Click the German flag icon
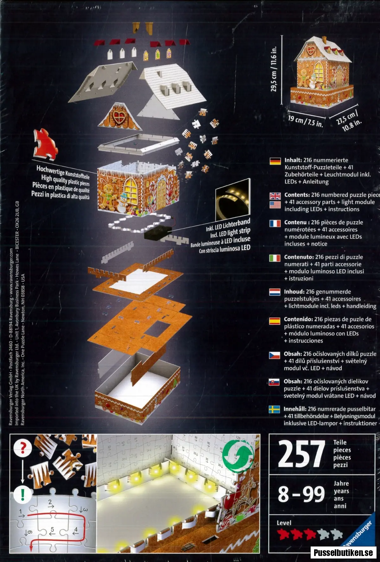point(275,161)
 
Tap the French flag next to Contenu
point(275,223)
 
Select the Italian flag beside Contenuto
point(275,258)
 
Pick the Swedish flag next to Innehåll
point(274,410)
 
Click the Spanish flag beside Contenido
point(275,320)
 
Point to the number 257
point(301,454)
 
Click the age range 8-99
point(301,494)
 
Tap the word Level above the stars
point(284,523)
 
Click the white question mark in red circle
point(22,447)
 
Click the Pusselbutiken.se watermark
point(343,553)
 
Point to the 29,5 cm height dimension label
point(274,69)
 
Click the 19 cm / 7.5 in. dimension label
point(306,121)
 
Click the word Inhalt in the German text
point(293,160)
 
